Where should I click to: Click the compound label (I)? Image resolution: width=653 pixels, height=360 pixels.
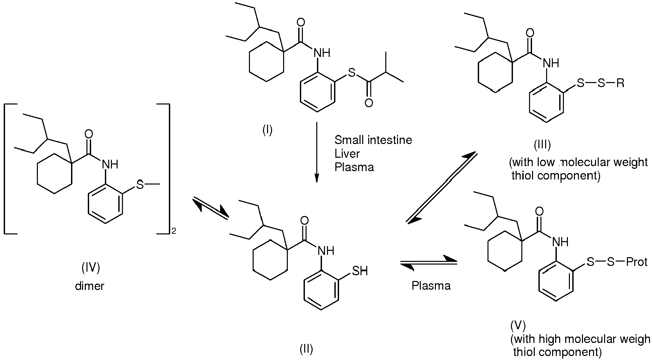[x=267, y=130]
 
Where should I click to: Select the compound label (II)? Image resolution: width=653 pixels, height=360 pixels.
[x=306, y=349]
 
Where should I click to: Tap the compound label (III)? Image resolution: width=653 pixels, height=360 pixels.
[x=542, y=145]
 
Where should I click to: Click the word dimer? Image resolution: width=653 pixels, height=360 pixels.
[x=90, y=286]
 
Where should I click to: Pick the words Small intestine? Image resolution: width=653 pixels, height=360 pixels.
[x=373, y=140]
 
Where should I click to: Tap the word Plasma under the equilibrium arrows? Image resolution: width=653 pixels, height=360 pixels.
[x=431, y=285]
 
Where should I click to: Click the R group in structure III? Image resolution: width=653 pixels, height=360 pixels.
[x=620, y=83]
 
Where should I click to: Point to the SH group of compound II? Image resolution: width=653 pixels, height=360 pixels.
[x=360, y=271]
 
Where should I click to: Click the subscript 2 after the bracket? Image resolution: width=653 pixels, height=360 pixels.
[x=174, y=231]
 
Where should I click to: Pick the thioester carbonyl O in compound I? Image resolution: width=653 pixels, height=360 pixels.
[x=369, y=102]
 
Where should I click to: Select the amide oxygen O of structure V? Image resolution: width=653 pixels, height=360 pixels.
[x=539, y=212]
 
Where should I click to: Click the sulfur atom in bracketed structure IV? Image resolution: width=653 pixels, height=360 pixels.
[x=140, y=184]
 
